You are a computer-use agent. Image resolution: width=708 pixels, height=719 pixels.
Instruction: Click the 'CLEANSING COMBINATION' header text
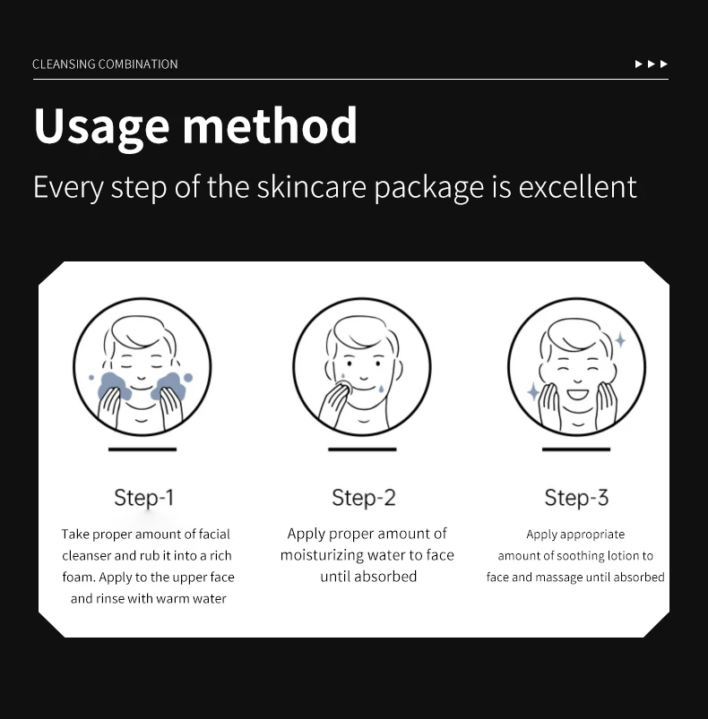(x=105, y=64)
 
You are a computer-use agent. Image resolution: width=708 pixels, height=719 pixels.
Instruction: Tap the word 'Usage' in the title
(x=102, y=127)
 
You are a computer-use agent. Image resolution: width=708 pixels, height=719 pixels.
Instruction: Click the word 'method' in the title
(x=270, y=125)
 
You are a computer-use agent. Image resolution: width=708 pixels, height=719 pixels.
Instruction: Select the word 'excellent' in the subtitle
(x=578, y=187)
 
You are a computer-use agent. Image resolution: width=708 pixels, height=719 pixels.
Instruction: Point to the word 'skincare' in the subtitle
(x=312, y=187)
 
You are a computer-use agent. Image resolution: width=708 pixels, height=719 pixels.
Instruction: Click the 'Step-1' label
(x=144, y=498)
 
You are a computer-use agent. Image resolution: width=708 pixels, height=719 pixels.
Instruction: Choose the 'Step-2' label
(x=364, y=498)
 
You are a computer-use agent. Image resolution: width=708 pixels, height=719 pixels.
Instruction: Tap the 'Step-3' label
(x=577, y=498)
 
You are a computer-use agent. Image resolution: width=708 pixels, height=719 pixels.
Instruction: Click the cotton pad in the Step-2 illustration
(x=345, y=387)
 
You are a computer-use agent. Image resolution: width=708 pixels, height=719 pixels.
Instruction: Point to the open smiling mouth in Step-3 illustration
(x=577, y=394)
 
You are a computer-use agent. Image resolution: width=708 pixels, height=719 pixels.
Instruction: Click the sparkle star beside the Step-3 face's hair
(x=620, y=339)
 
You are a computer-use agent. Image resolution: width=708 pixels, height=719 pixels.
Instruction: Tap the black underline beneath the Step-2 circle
(x=362, y=449)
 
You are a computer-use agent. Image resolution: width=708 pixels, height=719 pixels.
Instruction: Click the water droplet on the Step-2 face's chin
(x=381, y=389)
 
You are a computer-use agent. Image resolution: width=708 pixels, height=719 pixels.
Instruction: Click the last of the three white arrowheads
(x=663, y=64)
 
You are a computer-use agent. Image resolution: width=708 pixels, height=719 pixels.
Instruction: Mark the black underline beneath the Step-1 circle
(x=142, y=449)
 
